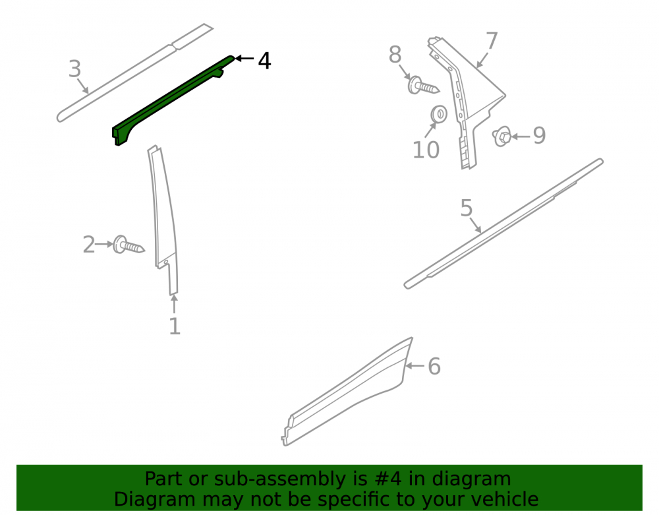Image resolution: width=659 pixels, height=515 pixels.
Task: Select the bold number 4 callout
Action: pos(264,61)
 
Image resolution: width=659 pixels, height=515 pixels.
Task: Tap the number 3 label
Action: pos(75,69)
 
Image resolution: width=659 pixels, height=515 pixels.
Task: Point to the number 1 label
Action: pos(175,326)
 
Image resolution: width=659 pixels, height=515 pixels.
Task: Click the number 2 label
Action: pos(89,245)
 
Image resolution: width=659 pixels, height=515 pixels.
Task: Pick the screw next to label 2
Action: pos(129,245)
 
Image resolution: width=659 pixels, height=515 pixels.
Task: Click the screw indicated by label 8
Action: pos(423,85)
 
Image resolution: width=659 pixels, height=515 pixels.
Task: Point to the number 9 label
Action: pos(539,135)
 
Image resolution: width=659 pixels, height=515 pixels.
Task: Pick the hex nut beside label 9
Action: pos(501,136)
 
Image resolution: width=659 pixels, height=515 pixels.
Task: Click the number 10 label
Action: pos(426,150)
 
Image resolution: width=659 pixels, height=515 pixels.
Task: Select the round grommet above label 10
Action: pos(439,114)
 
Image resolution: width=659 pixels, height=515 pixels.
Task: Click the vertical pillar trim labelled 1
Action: pos(165,219)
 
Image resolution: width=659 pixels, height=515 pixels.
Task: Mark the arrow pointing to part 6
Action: pos(415,366)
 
